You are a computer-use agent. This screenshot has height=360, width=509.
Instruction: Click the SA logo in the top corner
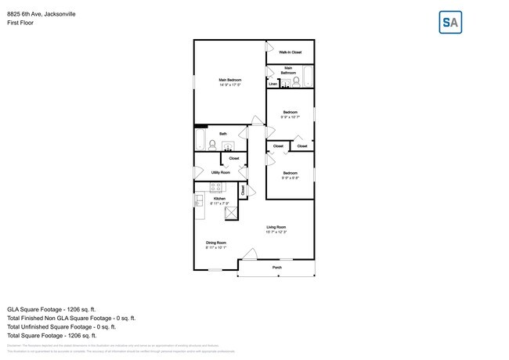tap(450, 22)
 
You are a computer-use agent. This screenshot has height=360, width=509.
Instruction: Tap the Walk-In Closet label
tap(291, 52)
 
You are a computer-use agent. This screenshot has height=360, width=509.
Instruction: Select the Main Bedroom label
tap(229, 81)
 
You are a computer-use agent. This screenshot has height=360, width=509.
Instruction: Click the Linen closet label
tap(273, 83)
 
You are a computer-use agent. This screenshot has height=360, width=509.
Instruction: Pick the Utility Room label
tap(221, 172)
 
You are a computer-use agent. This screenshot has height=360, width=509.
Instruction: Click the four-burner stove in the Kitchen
tap(216, 187)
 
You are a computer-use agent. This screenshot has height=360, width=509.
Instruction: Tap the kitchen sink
tap(199, 200)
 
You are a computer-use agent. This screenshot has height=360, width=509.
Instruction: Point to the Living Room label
tap(276, 228)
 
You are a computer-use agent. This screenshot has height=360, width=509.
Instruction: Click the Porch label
tap(276, 268)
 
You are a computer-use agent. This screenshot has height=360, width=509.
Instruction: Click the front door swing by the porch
tap(250, 254)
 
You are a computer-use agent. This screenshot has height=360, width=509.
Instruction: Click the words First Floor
tap(20, 23)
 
